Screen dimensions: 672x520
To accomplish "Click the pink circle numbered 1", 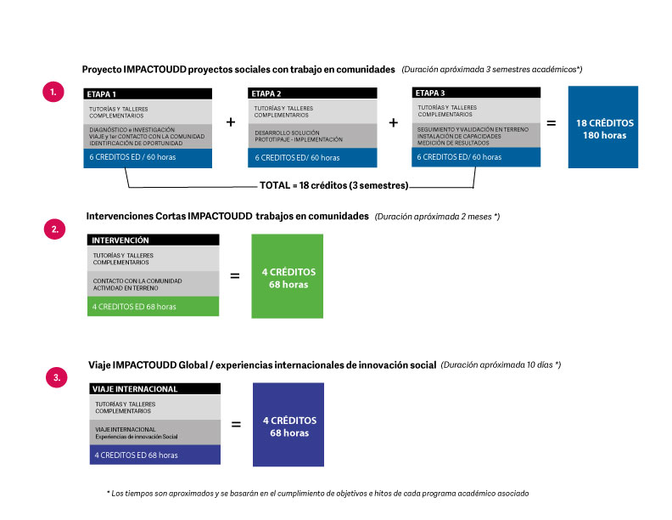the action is (x=53, y=92).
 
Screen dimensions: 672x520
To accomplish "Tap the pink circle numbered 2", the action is (x=55, y=229).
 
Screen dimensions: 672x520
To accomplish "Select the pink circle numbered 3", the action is (x=57, y=377).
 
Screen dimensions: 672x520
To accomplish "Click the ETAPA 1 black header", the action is (x=148, y=94).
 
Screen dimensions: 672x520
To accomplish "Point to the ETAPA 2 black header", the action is (x=312, y=93).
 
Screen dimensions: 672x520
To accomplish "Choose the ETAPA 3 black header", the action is (x=476, y=93).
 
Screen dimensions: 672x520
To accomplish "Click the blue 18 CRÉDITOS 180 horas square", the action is (x=603, y=127).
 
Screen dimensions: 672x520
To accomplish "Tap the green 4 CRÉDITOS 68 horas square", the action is (x=287, y=276).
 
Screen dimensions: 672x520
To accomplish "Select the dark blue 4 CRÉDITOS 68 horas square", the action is (x=288, y=424).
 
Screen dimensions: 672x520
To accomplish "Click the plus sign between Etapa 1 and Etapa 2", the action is (x=231, y=122).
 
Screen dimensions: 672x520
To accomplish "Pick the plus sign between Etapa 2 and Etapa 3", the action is (x=393, y=122).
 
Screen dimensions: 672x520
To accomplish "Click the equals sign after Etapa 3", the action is (x=552, y=123).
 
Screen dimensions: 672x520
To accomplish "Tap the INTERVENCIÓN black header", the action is (x=153, y=240).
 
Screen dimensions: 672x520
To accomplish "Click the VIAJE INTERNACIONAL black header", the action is (x=155, y=388).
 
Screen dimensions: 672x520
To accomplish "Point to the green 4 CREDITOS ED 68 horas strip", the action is (x=153, y=307).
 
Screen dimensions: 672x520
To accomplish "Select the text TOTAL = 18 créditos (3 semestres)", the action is (x=333, y=185).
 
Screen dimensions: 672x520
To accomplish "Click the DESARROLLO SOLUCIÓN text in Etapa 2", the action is (x=287, y=133).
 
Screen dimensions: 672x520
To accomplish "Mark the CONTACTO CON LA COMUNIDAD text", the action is (x=137, y=281).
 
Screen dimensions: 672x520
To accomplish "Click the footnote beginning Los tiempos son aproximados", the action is (x=317, y=494).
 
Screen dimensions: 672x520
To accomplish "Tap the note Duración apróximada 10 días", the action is (x=501, y=365).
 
